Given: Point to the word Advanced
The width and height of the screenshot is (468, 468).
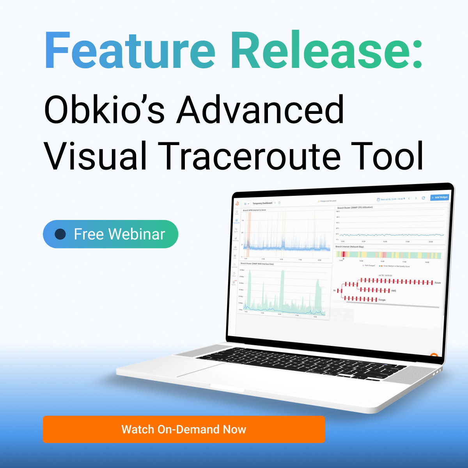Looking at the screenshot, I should point(261,110).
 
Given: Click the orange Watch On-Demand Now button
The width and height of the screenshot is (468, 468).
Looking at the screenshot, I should point(184,429).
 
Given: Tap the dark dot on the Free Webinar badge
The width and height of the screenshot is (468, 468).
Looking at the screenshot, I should point(60,234).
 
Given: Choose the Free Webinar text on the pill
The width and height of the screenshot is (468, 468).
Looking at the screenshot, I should point(119,234).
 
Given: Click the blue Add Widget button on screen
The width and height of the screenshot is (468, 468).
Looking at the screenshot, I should point(440,197).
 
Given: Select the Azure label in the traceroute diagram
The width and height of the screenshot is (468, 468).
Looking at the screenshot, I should point(438,283).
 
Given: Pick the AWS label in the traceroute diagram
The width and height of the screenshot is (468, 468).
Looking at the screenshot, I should point(394,291).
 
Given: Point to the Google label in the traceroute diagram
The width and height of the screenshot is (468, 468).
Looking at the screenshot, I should point(382,300).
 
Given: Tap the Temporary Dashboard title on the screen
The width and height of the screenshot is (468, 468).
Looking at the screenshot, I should point(262,203).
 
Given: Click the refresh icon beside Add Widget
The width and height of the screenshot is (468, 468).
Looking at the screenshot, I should point(423,198).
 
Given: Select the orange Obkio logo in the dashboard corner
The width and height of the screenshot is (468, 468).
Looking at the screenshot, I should point(237,203).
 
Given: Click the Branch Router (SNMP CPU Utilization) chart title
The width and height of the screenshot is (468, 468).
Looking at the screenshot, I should point(355,208).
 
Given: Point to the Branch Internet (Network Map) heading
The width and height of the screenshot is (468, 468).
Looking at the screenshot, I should point(349,247).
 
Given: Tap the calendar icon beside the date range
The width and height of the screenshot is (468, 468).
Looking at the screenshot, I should point(378,199).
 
